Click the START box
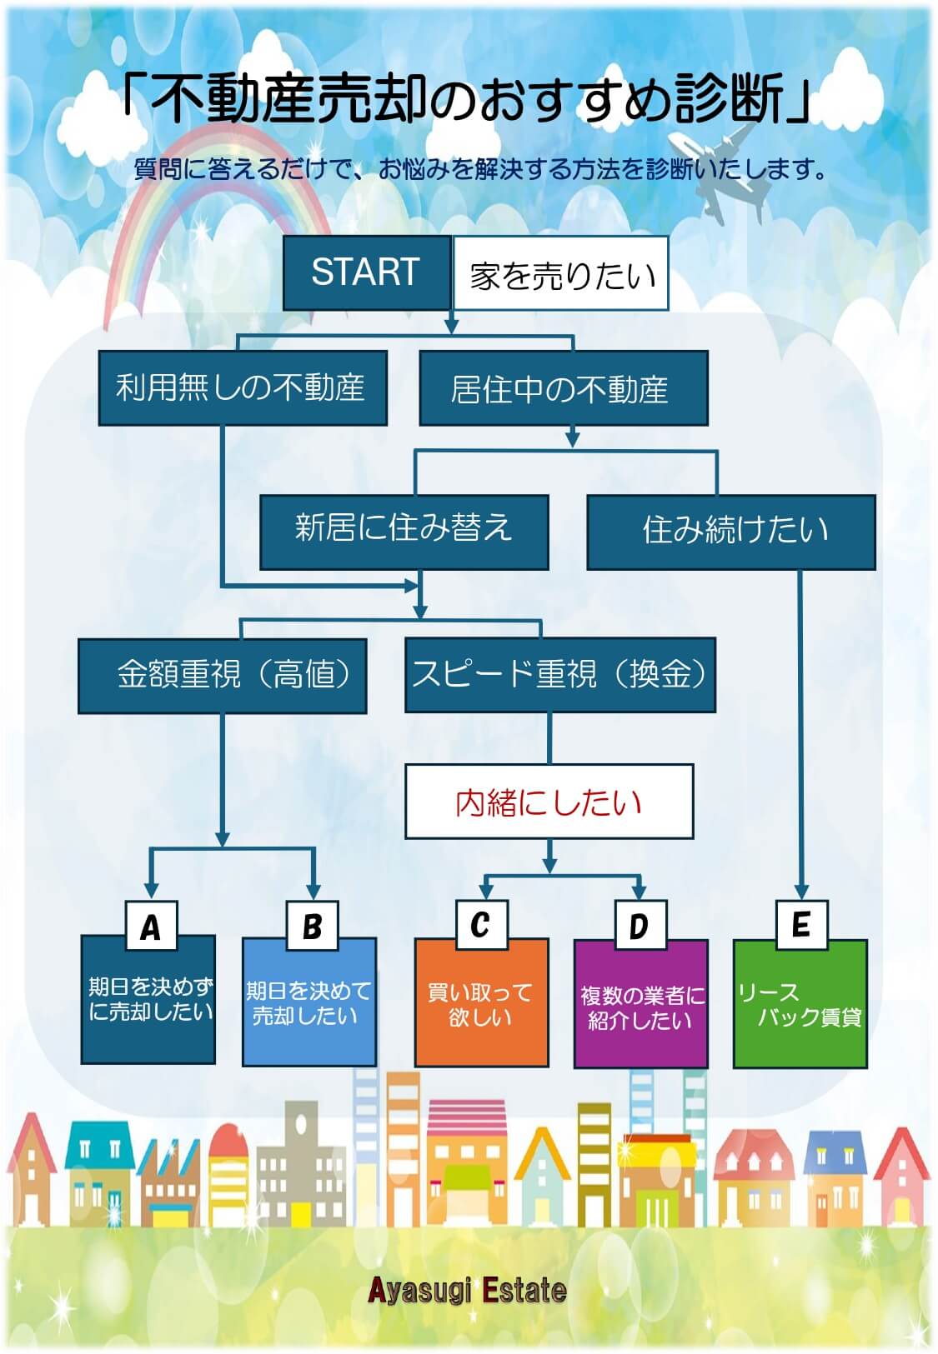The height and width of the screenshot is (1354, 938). click(366, 272)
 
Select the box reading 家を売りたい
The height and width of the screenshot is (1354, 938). click(560, 274)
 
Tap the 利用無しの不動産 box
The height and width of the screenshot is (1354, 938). click(243, 387)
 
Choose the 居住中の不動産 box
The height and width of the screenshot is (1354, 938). click(563, 388)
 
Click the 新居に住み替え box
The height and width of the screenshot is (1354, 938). click(404, 531)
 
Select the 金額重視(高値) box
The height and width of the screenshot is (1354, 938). click(222, 675)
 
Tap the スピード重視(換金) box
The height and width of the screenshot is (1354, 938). click(559, 674)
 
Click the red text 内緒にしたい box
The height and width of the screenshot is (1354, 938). click(549, 802)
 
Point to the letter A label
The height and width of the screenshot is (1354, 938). click(150, 926)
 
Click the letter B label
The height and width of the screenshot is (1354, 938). click(312, 926)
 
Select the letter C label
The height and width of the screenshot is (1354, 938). click(480, 924)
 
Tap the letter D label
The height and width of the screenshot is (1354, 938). click(640, 925)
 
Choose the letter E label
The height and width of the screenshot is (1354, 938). click(800, 924)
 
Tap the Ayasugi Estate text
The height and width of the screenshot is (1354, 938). click(468, 1291)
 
